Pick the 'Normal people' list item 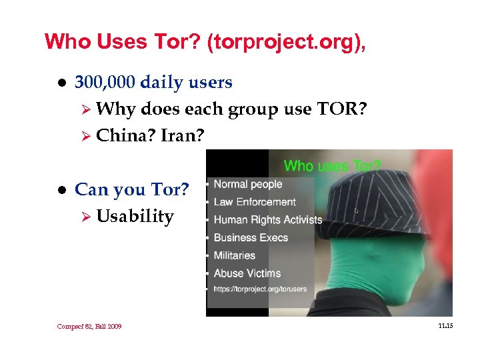pos(247,184)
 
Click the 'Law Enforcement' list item pos(254,202)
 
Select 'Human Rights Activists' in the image pos(267,219)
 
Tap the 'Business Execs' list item pos(251,237)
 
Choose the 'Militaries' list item pos(234,255)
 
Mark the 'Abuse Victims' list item pos(247,273)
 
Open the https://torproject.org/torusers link pos(260,289)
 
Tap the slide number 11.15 pos(445,325)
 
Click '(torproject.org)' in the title pos(287,42)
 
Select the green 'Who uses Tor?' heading pos(332,165)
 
